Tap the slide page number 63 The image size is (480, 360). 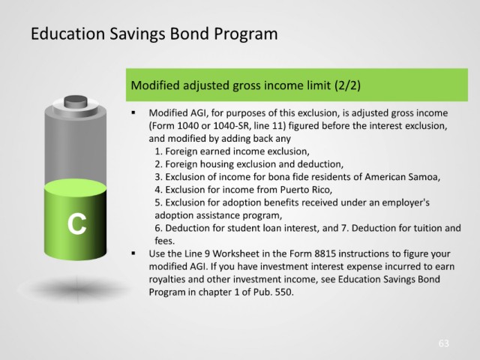click(443, 343)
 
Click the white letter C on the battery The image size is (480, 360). click(76, 223)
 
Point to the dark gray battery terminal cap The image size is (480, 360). click(76, 102)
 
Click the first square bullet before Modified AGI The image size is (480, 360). click(133, 112)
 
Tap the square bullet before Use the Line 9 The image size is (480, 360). click(133, 253)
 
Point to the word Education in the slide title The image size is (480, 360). click(68, 33)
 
